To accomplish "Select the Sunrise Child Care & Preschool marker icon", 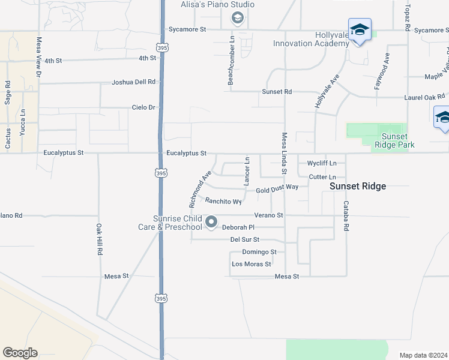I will pos(211,223).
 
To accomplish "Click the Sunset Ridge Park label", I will pos(394,140).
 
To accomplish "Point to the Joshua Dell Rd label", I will pos(133,82).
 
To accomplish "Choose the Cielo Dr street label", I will pos(144,107).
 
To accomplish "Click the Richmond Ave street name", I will pos(200,189).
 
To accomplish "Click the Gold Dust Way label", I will pos(277,188).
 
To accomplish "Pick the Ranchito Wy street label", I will pos(223,201).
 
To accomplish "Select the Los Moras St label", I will pos(252,264).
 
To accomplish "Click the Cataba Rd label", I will pos(346,216).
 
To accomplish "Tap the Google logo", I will pos(20,353).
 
